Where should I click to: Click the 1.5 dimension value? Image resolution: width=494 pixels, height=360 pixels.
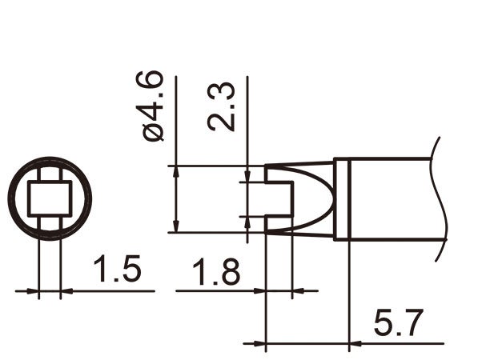pyautogui.click(x=117, y=270)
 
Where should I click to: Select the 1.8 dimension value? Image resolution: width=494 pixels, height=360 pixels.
pyautogui.click(x=215, y=272)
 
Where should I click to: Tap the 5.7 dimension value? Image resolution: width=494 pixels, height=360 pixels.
pyautogui.click(x=398, y=325)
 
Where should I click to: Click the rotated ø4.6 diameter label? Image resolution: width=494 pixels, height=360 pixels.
pyautogui.click(x=152, y=106)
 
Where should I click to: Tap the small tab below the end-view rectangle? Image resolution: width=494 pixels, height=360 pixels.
pyautogui.click(x=50, y=221)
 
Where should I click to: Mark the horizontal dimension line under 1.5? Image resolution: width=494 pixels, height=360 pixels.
pyautogui.click(x=96, y=291)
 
